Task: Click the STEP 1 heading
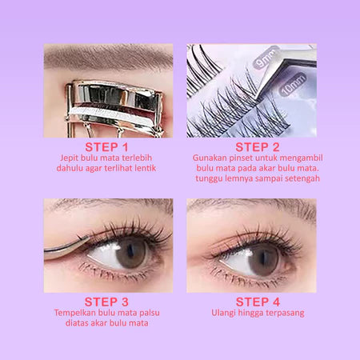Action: pyautogui.click(x=107, y=147)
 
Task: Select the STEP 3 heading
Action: pyautogui.click(x=107, y=301)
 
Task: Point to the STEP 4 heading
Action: pyautogui.click(x=251, y=301)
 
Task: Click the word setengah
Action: pyautogui.click(x=291, y=179)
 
